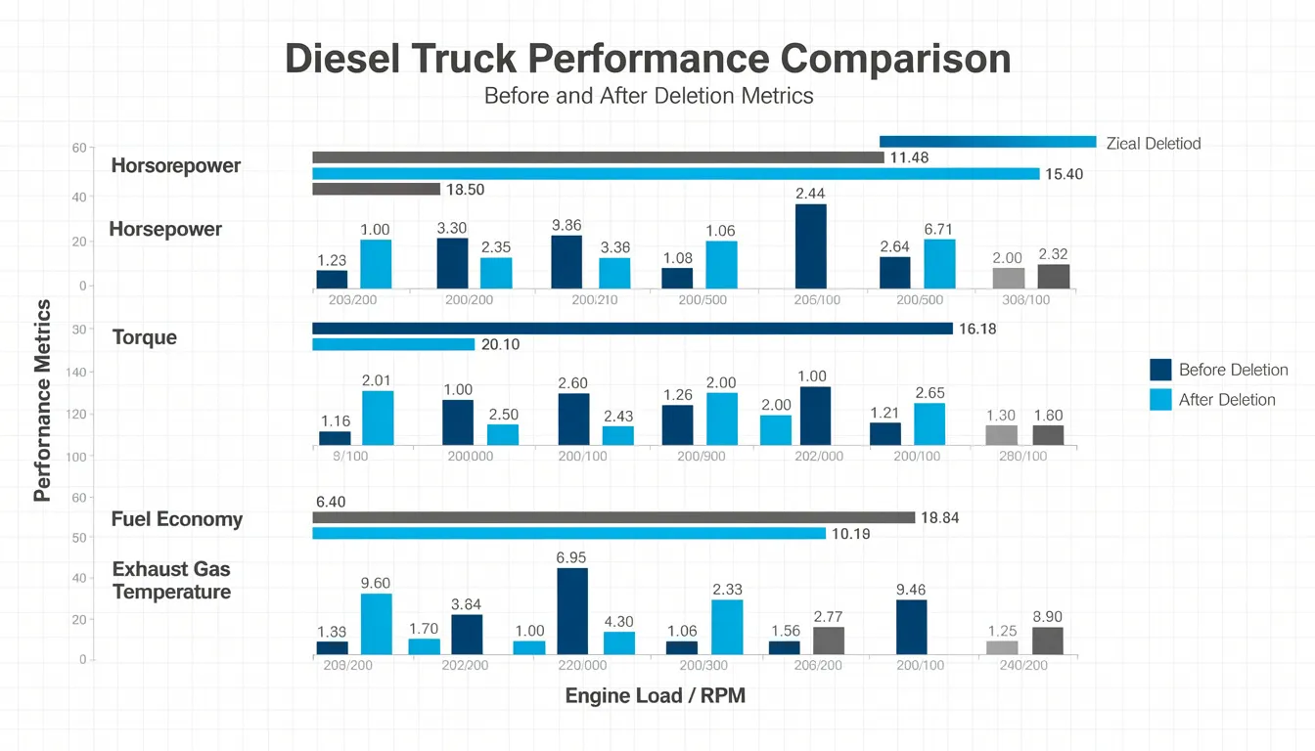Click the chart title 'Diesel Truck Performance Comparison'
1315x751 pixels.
648,60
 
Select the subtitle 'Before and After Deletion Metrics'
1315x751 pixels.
648,96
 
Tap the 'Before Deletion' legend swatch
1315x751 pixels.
1160,370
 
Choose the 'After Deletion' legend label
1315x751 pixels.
1227,399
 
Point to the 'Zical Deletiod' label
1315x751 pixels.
1153,144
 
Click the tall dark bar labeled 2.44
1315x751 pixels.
810,246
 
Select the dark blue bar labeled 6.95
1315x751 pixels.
572,611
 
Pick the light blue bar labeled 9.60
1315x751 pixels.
376,624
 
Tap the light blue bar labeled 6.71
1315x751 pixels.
939,264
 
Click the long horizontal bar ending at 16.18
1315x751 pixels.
632,329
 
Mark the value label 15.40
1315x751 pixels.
1065,174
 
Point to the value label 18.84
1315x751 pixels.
940,518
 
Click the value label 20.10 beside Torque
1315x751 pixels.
501,345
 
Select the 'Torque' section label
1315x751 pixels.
145,337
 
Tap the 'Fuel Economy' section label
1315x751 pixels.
176,519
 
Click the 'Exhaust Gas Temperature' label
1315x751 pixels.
171,581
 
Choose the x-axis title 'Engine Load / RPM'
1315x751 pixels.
655,696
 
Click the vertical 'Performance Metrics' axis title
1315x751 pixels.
42,401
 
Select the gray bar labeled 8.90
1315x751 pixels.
1047,641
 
